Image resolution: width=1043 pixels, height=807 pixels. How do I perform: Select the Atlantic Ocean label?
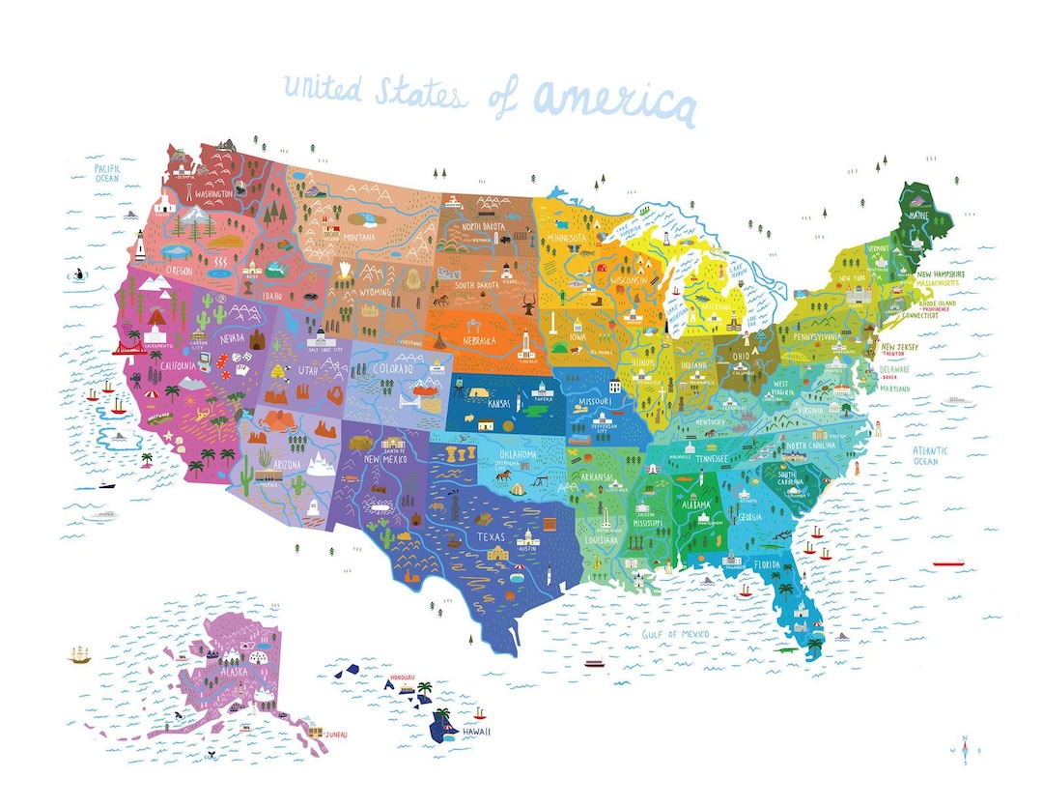coord(931,455)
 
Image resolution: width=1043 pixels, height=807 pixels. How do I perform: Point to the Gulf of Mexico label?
coord(676,634)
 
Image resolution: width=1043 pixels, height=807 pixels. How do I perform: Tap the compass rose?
coord(965,749)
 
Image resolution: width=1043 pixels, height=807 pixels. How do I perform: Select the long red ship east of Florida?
coord(948,561)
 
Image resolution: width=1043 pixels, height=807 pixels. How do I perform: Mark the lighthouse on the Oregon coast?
coord(139,249)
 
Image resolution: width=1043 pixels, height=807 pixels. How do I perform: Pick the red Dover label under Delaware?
coord(888,378)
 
